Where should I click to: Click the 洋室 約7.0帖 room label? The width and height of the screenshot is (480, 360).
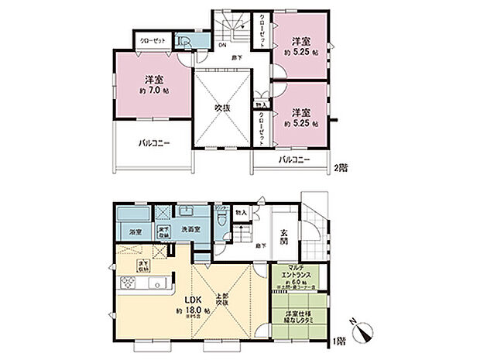[153, 84]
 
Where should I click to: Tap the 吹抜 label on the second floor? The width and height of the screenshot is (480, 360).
[223, 108]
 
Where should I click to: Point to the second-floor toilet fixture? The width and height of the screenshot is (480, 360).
[183, 42]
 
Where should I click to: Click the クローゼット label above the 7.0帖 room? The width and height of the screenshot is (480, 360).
[153, 39]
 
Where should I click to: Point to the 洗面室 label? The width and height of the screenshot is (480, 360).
[190, 231]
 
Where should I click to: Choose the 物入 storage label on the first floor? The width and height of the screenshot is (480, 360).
[241, 212]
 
